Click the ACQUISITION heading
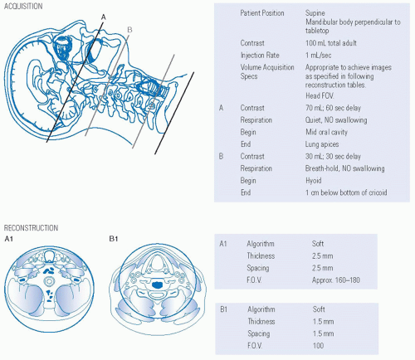pos(23,7)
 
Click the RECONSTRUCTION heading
pos(31,228)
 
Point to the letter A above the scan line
pos(104,17)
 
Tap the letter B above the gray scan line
pos(129,30)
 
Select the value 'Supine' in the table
pos(315,13)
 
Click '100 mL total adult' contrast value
pos(331,43)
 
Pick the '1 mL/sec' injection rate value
pos(318,56)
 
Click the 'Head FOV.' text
pos(320,96)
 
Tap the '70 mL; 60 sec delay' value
pos(333,108)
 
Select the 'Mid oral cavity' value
pos(326,132)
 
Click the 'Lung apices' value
pos(322,144)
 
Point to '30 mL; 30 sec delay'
pos(333,157)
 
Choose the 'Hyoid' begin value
pos(314,181)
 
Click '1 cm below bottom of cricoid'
pos(346,192)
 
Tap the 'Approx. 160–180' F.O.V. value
pos(336,280)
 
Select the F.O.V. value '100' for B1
pos(318,346)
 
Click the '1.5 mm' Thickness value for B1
pos(323,322)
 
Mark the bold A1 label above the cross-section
pos(9,239)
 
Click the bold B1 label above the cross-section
pos(114,239)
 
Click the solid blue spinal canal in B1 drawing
pos(158,285)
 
